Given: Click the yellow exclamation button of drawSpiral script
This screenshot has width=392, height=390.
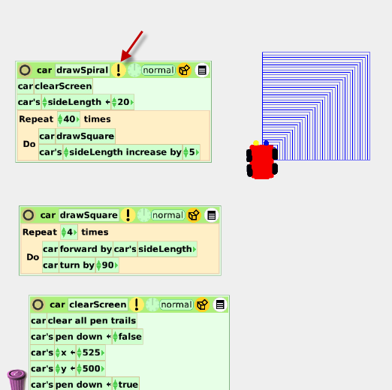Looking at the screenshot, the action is (119, 70).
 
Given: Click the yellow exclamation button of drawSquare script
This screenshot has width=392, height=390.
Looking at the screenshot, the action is (128, 215).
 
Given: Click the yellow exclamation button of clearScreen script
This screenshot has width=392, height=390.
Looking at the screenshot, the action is (137, 304).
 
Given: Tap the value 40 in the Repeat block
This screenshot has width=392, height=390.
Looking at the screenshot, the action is (69, 119).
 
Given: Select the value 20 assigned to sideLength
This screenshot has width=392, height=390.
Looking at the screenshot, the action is (123, 102).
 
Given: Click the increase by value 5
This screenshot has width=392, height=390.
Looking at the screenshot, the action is (191, 152).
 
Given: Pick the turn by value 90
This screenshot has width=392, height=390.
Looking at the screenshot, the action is (108, 265).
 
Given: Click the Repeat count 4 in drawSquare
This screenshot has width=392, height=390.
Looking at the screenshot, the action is (70, 232).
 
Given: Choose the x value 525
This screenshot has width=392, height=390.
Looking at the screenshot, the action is (92, 352).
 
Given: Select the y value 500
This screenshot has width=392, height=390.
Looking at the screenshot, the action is (92, 368).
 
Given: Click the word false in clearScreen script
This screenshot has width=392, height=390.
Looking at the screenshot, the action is (130, 337).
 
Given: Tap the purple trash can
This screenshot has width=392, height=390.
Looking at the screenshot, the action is (17, 379).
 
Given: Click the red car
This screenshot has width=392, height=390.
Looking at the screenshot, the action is (262, 161).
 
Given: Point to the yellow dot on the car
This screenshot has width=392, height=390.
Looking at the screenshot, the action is (256, 143).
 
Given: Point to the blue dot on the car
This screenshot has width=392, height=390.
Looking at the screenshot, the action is (266, 143).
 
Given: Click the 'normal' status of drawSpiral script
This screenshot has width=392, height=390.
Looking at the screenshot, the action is (158, 70).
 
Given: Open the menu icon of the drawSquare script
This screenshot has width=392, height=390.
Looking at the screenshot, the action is (212, 215).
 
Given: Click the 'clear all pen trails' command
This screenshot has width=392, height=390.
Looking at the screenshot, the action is (92, 320).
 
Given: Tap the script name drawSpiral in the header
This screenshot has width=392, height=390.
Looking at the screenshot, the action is (83, 70).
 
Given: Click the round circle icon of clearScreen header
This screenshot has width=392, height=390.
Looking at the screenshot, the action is (38, 304).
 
